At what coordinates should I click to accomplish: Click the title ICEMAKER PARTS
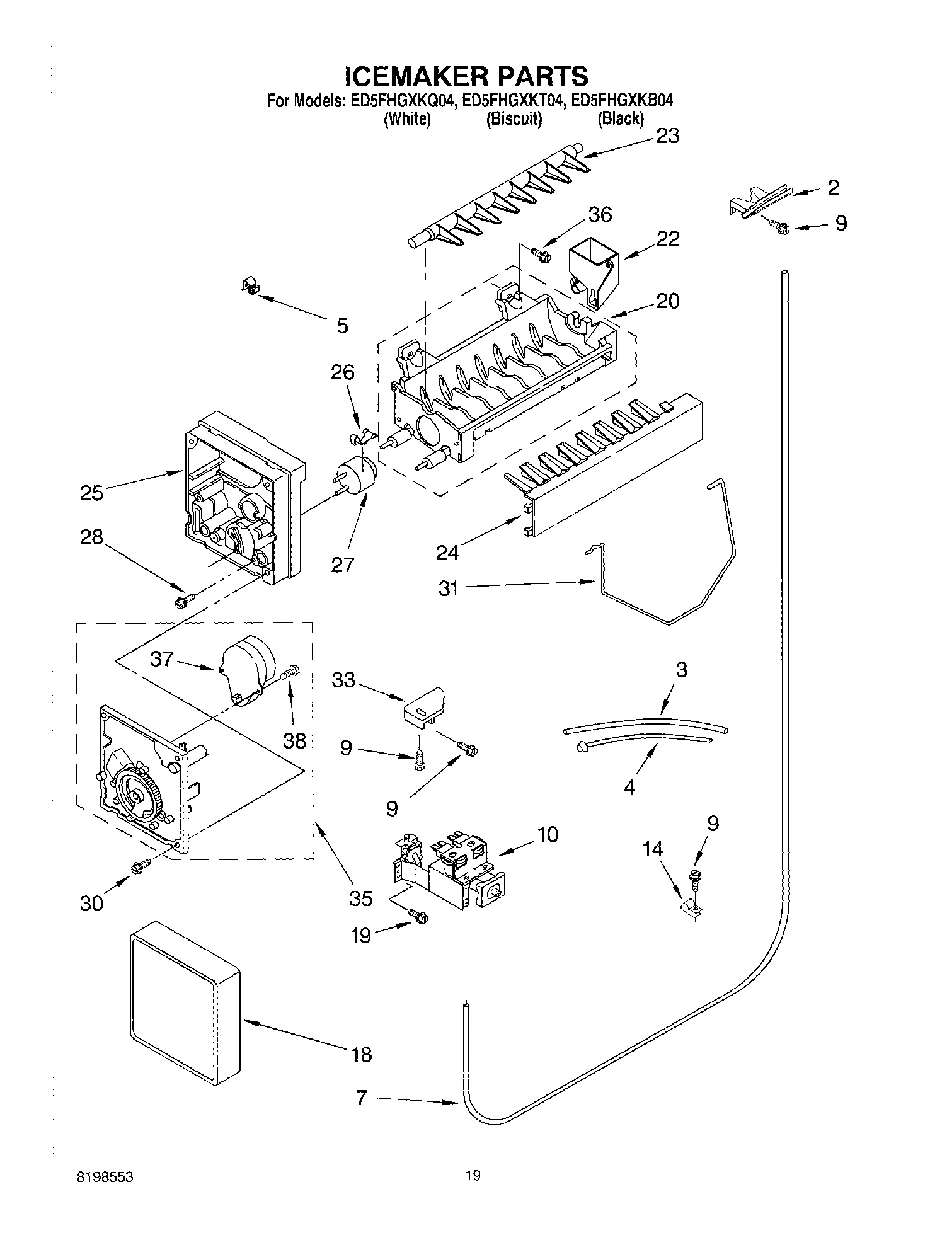(466, 76)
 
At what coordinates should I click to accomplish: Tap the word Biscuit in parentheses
(514, 118)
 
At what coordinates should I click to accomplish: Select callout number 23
(667, 136)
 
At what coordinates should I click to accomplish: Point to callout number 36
(599, 215)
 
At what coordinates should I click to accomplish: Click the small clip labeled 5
(251, 287)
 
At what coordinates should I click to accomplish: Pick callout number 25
(91, 493)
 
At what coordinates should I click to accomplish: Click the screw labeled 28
(183, 601)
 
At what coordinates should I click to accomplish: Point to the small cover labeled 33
(423, 704)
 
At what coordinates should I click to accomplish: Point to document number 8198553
(106, 1176)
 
